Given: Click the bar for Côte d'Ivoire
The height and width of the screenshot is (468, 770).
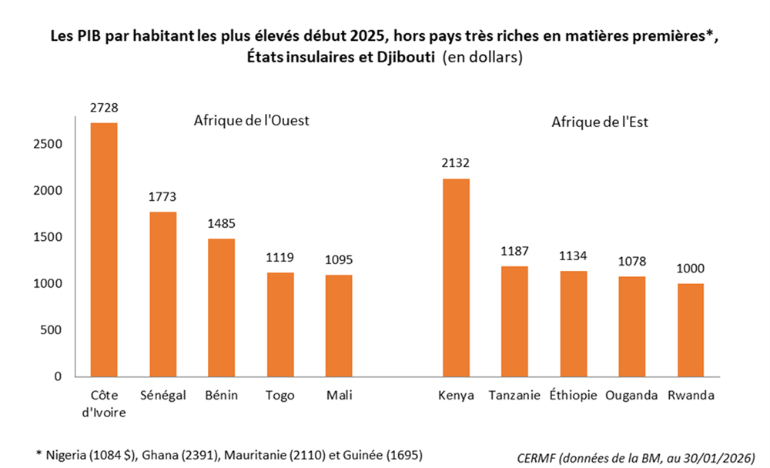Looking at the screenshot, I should coord(104,249).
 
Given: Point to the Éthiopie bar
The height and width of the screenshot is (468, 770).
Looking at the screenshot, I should coord(572,323).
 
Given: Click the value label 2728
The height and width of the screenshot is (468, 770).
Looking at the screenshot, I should coord(104,108).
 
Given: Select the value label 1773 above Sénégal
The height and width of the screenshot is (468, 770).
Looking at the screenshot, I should coord(162,197).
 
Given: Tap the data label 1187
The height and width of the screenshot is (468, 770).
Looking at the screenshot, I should coord(514,251).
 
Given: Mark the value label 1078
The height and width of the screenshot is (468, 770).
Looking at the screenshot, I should coord(631,262).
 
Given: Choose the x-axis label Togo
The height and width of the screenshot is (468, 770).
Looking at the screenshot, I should coord(280,396).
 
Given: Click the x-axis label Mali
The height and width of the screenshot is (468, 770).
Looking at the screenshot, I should coord(338,396).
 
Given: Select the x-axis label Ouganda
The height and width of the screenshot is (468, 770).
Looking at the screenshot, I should coord(631,396).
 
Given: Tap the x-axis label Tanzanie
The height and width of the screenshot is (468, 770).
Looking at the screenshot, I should coord(514,396).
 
